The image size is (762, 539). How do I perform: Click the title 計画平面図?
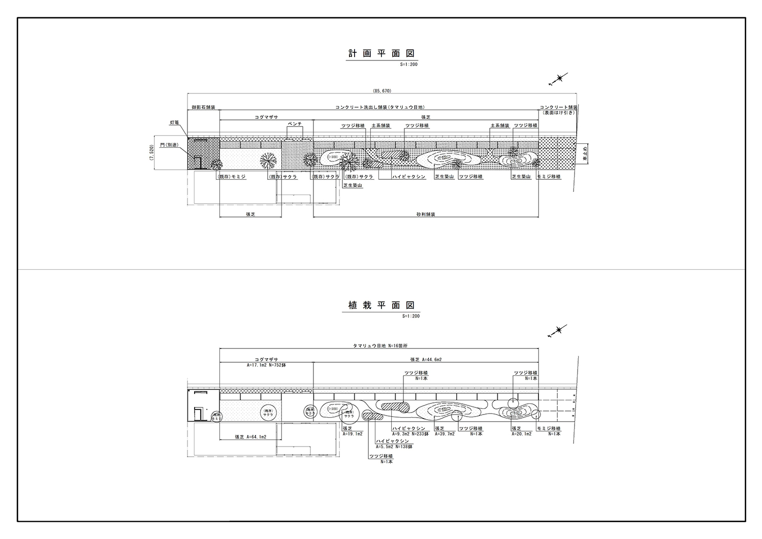tap(382, 53)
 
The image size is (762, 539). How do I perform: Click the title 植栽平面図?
tap(382, 305)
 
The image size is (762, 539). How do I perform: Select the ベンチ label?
tap(295, 124)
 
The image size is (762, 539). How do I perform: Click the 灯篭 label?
tap(174, 123)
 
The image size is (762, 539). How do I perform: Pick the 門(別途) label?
tap(169, 145)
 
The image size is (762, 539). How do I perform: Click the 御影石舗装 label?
tap(203, 108)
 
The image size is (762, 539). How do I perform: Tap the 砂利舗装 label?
tap(426, 214)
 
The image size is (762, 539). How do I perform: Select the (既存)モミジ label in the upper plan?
tap(231, 177)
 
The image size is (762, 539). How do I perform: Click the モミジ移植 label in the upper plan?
tap(549, 177)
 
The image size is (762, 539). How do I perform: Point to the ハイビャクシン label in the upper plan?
tap(408, 177)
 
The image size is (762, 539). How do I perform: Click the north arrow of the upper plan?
tap(558, 79)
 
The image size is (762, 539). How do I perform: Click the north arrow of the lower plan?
tap(558, 331)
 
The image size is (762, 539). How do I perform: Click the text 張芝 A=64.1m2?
tap(250, 436)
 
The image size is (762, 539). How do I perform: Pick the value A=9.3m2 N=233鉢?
tap(411, 434)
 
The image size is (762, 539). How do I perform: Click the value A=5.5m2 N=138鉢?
tap(394, 447)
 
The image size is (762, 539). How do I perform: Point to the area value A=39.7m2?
tap(444, 434)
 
